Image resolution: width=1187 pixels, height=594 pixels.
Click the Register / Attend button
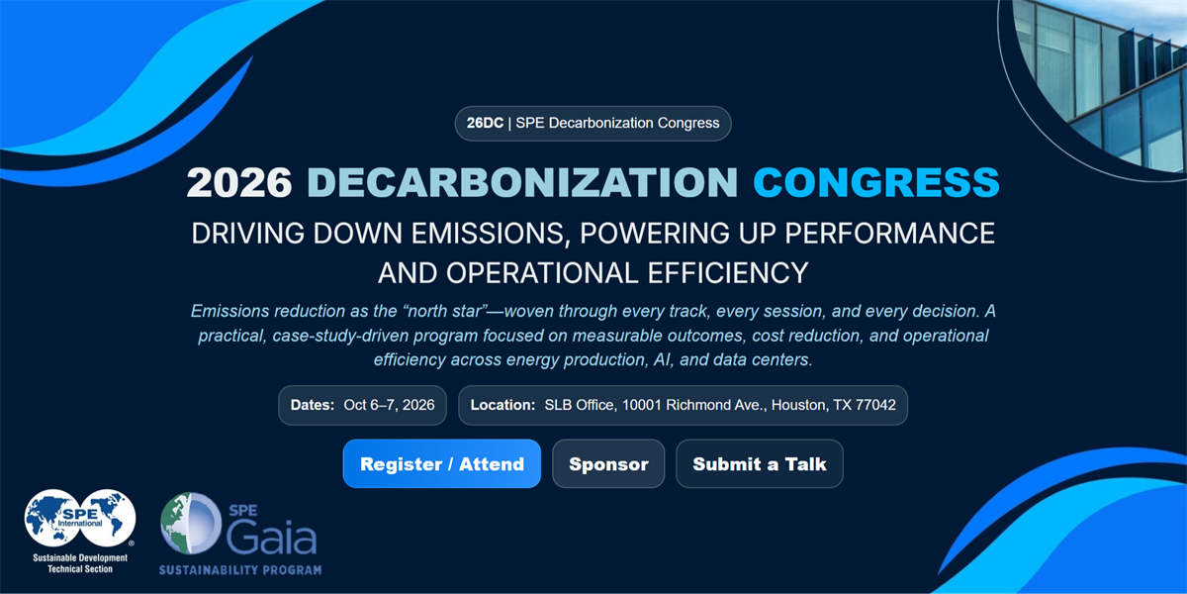click(x=441, y=463)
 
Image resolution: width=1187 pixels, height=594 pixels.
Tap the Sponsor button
click(x=608, y=463)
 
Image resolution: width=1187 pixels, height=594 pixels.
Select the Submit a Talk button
click(x=760, y=463)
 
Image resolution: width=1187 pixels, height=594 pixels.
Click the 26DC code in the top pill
click(x=485, y=123)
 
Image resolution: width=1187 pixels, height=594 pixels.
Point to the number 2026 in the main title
click(x=239, y=182)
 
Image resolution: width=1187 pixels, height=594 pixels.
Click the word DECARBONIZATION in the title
click(x=522, y=182)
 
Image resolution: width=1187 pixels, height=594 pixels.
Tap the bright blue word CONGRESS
click(x=876, y=182)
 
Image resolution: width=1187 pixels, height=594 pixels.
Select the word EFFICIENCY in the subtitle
click(x=728, y=273)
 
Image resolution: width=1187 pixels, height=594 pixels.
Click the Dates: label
click(x=313, y=405)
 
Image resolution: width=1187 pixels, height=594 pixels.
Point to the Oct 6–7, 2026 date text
click(x=389, y=405)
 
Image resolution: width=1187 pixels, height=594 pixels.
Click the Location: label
click(x=502, y=405)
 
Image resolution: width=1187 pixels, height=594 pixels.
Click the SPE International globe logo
click(x=80, y=518)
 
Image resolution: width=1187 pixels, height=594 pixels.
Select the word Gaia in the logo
click(x=271, y=537)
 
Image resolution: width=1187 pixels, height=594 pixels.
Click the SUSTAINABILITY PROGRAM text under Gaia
click(x=240, y=570)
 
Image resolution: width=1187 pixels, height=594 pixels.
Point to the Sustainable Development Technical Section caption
click(x=80, y=563)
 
